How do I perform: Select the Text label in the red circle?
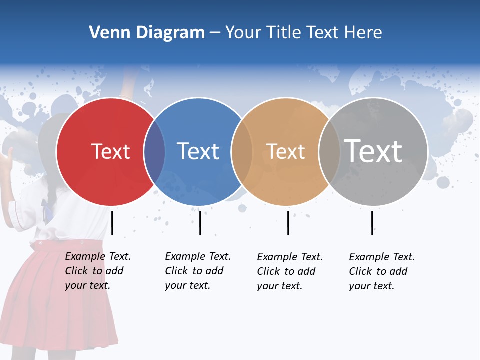[110, 152]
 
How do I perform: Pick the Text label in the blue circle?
[198, 152]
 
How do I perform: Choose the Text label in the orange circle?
[285, 152]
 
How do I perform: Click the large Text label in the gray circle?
[373, 151]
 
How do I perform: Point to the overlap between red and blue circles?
[154, 152]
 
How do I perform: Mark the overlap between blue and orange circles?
[242, 152]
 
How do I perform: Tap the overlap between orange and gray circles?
[329, 152]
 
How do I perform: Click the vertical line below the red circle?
[112, 223]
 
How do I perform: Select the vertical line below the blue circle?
[200, 223]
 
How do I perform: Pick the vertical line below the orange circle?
[288, 223]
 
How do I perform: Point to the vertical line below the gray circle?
[372, 223]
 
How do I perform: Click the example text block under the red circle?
[97, 271]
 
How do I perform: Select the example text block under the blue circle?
[197, 271]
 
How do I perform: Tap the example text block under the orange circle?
[289, 271]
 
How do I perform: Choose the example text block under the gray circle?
[381, 271]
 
